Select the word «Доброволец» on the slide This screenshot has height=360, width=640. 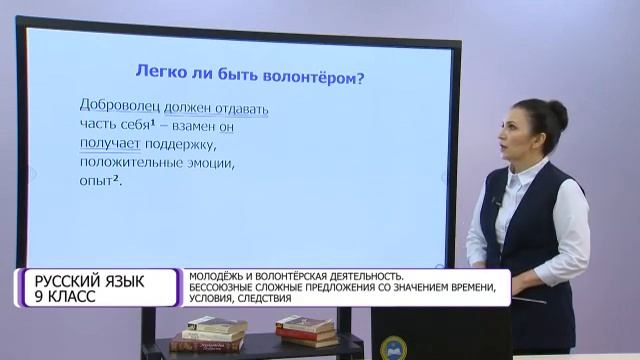[118, 106]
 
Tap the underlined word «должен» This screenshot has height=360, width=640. [187, 106]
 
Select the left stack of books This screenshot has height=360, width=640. [211, 334]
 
